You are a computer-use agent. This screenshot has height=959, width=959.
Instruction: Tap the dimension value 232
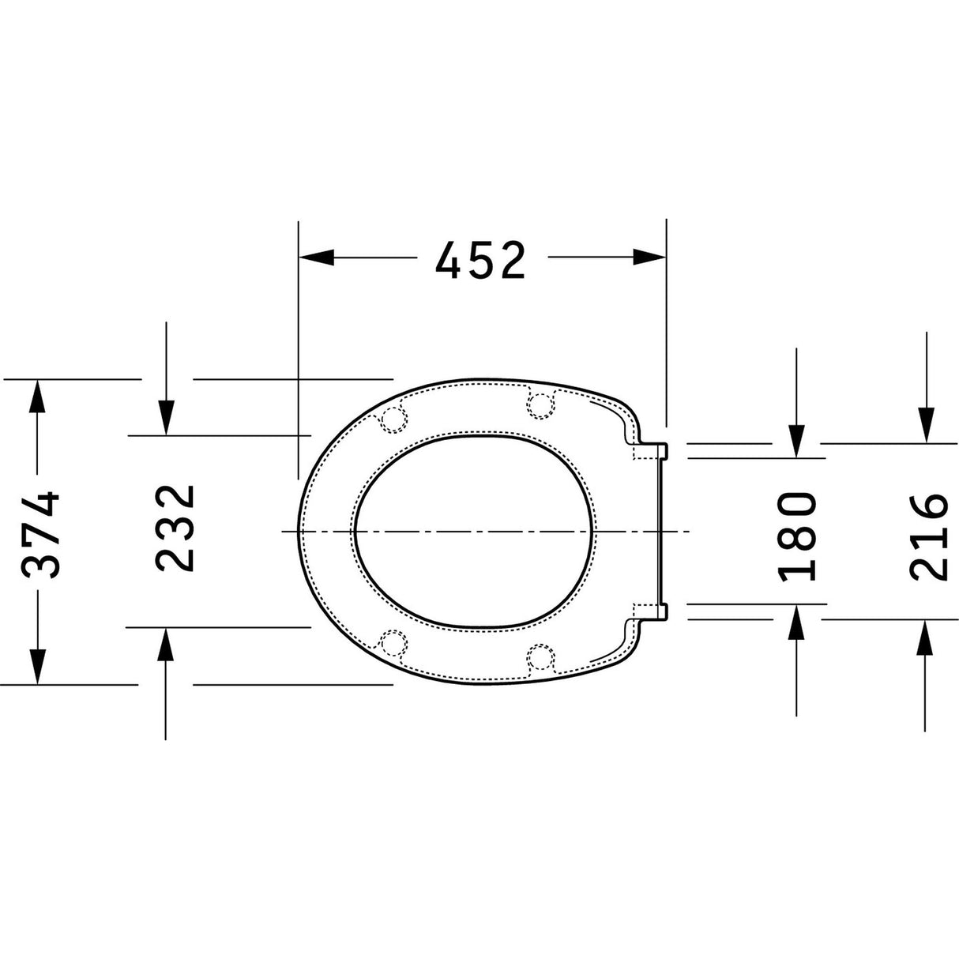[175, 528]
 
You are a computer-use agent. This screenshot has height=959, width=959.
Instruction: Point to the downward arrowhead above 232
[166, 417]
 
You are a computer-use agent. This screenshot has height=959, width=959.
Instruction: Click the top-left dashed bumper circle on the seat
[393, 419]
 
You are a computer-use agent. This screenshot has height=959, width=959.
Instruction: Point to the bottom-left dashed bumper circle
[393, 643]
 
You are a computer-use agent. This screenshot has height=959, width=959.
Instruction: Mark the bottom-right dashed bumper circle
[540, 657]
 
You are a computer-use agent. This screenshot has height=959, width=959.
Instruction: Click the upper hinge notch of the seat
[652, 449]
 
